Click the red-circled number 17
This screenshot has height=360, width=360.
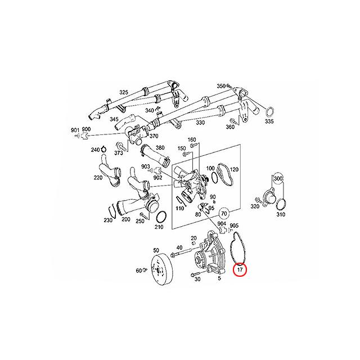click(240, 270)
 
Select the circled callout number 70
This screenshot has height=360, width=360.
click(224, 214)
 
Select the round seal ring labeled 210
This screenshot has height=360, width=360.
click(160, 217)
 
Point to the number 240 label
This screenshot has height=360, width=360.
click(94, 150)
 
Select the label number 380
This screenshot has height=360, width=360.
click(160, 148)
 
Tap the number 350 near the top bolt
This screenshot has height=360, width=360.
click(221, 86)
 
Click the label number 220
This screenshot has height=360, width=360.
click(98, 178)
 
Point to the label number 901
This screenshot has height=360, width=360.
click(75, 130)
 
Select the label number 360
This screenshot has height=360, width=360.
click(229, 128)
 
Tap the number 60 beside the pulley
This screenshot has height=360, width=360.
click(138, 271)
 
